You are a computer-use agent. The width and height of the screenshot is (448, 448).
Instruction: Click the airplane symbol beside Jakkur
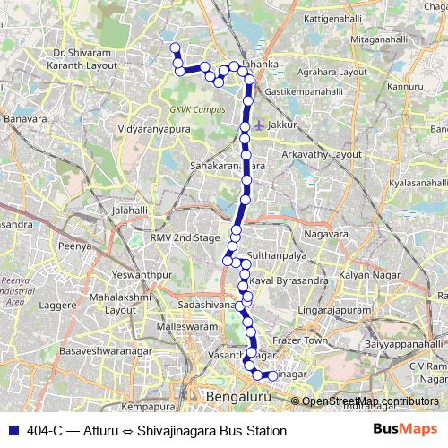[259, 125]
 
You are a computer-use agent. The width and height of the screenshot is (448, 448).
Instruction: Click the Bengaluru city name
[237, 395]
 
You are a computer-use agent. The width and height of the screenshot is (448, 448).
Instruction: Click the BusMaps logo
[405, 430]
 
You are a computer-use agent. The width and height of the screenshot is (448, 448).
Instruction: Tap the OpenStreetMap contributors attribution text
[369, 401]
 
